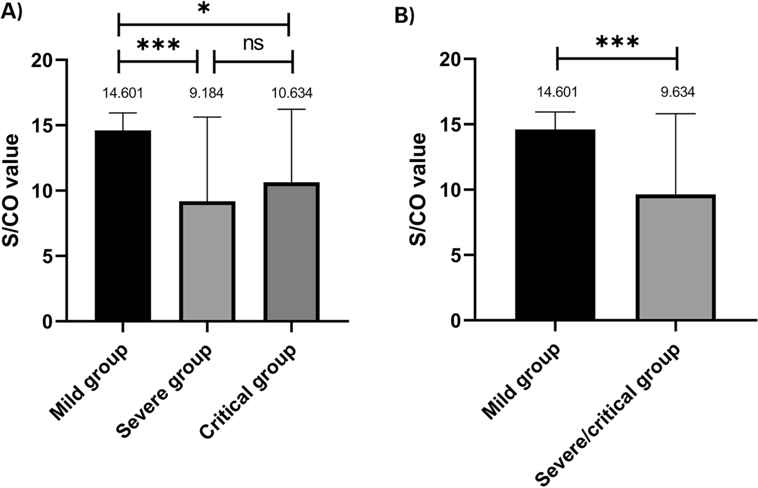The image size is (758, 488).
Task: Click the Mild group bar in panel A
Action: pyautogui.click(x=123, y=225)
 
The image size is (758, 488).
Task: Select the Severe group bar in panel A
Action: pyautogui.click(x=207, y=261)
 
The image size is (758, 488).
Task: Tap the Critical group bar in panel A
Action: pyautogui.click(x=292, y=252)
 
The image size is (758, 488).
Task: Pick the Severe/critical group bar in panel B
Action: pyautogui.click(x=676, y=257)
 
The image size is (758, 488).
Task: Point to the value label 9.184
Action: pyautogui.click(x=206, y=94)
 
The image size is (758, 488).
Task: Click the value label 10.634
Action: pyautogui.click(x=291, y=94)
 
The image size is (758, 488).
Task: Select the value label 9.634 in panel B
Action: pyautogui.click(x=678, y=92)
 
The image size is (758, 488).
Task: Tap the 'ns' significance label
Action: pyautogui.click(x=253, y=44)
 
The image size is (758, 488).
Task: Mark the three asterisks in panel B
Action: pyautogui.click(x=617, y=43)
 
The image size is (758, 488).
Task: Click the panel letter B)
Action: pyautogui.click(x=405, y=16)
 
